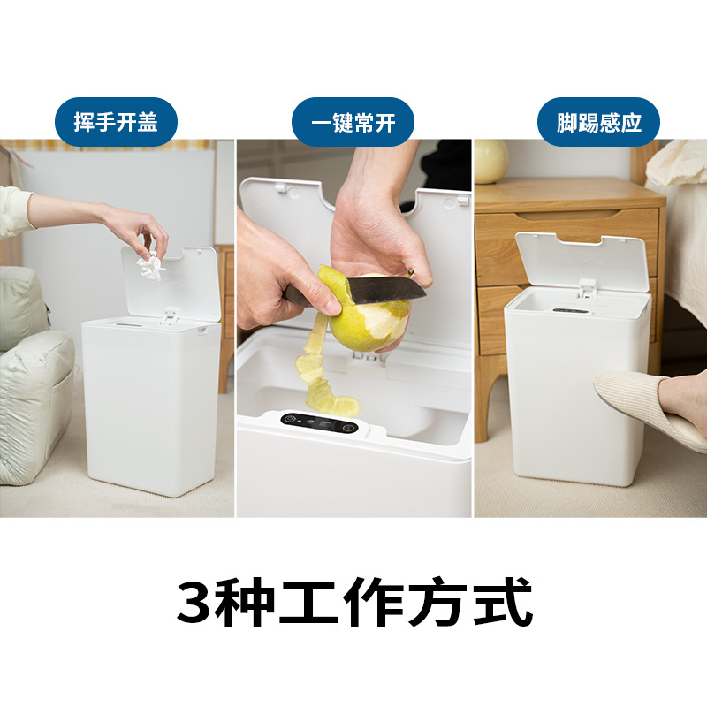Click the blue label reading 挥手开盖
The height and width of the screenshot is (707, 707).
click(x=116, y=122)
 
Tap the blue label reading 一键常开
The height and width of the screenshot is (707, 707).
click(x=353, y=122)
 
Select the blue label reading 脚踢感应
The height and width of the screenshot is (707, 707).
click(x=599, y=122)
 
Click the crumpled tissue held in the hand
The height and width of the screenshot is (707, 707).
click(x=148, y=262)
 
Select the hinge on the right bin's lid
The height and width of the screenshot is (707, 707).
click(x=585, y=286)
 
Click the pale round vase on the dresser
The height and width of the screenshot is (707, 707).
click(x=490, y=161)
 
